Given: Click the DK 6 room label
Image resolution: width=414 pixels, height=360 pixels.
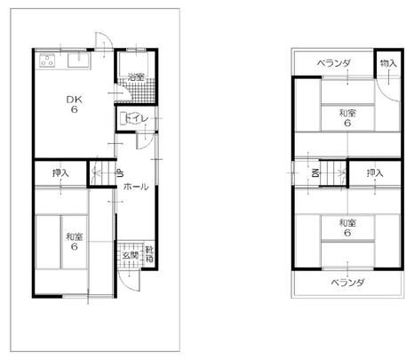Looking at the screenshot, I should point(76,104).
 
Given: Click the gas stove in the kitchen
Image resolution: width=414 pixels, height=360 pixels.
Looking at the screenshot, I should point(47,61).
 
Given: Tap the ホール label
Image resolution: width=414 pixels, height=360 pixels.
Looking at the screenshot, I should point(135,188).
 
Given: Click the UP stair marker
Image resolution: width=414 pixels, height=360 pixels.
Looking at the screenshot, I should point(120,174).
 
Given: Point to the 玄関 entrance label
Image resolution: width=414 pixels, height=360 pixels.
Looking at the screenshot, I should point(130,255).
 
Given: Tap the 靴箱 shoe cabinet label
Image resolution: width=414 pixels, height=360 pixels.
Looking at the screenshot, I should point(150,255).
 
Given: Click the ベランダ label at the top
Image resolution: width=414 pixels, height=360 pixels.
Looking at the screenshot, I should point(335,63).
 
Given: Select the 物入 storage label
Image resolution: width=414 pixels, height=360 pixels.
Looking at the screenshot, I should point(387,63).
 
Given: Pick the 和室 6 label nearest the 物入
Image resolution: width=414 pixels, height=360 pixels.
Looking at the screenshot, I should point(347,117).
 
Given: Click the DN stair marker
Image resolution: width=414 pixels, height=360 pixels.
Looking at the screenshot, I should point(315,172).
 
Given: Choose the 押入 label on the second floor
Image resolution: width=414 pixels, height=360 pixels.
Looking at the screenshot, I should point(374,172).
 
